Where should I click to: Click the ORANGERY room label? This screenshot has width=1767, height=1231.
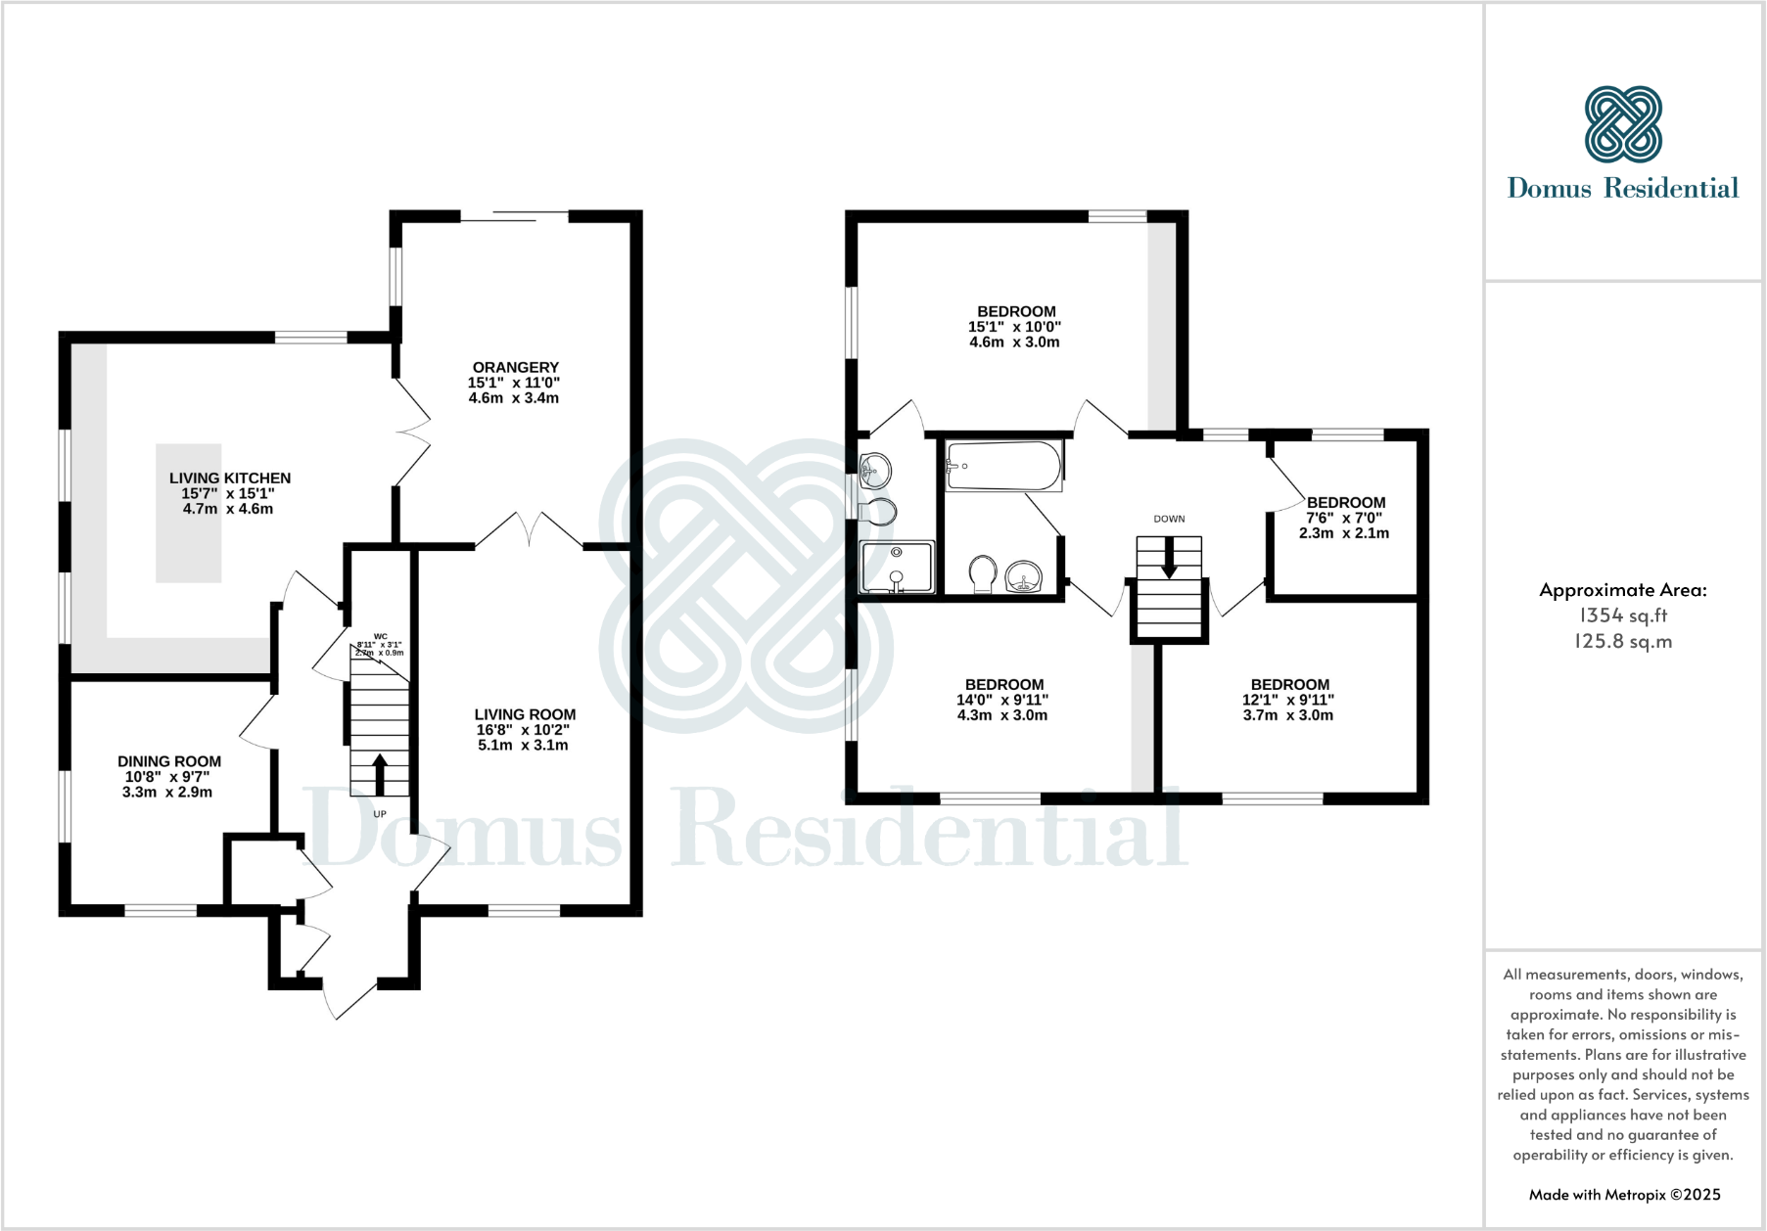[515, 368]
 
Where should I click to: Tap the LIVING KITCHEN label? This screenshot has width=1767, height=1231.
[230, 479]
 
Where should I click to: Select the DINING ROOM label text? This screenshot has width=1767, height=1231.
[169, 761]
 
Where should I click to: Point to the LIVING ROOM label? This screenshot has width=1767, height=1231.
[525, 715]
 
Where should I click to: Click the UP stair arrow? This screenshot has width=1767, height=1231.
[380, 773]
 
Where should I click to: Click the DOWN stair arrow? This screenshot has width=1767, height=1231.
[1169, 561]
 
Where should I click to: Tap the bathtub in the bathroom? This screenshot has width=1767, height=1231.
[1003, 466]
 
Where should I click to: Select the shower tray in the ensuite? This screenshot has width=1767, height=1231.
[897, 568]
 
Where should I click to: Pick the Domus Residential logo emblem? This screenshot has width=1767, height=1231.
[1623, 124]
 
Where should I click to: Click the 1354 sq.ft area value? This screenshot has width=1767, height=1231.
[1623, 615]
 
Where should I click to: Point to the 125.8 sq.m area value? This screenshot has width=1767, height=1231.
[1623, 642]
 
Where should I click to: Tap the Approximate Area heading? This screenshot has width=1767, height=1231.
[1623, 590]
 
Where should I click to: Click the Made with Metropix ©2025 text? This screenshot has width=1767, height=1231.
[1624, 1194]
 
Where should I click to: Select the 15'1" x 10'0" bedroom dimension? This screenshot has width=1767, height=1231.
[1015, 327]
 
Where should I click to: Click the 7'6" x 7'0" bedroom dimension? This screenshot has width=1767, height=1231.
[1344, 518]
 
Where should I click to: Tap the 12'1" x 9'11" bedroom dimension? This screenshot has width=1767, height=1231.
[1288, 700]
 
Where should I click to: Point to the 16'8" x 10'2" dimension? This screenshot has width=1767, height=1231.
[523, 730]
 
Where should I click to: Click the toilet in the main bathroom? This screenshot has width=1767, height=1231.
[983, 574]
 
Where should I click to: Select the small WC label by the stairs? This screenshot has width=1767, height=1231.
[381, 637]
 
